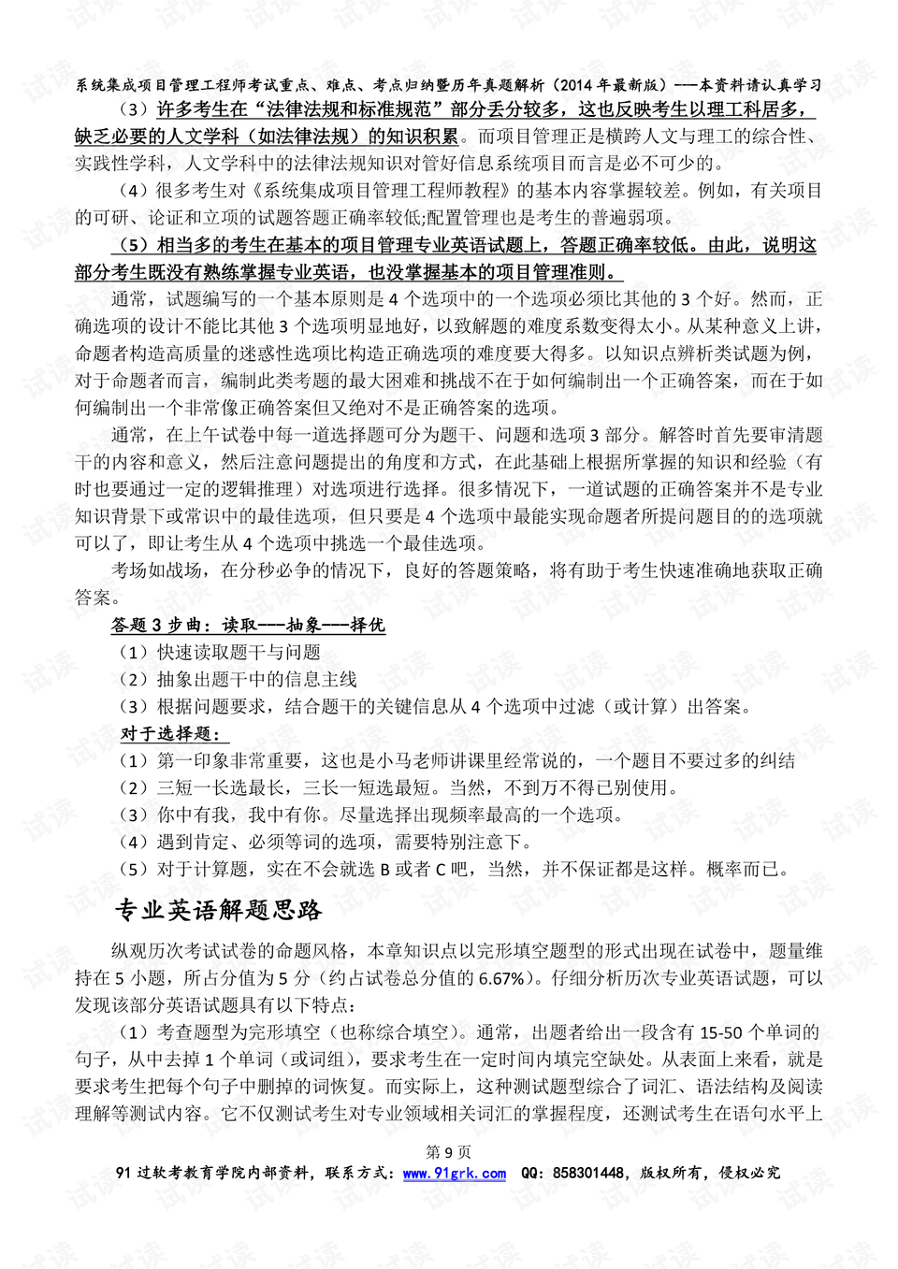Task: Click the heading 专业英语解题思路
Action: [218, 910]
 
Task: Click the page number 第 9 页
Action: [448, 1152]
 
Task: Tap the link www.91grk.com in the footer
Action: [455, 1174]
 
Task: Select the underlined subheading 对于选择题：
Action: [170, 734]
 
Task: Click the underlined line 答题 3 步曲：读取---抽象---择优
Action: [248, 626]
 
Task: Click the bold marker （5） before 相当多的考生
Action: [134, 245]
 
